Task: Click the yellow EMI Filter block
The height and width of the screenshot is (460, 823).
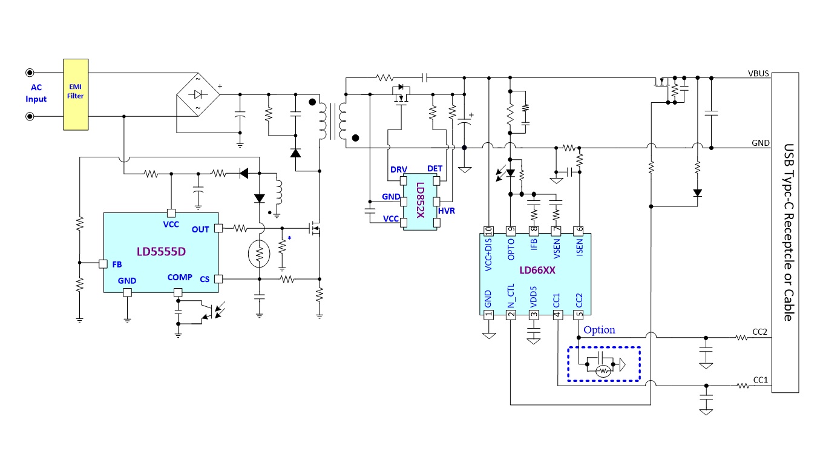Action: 76,94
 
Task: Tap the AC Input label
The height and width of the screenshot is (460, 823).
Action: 36,93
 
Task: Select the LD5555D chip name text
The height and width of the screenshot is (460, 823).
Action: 161,252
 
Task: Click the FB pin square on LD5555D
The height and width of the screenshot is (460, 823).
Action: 103,264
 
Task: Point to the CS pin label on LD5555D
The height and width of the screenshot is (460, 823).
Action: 205,279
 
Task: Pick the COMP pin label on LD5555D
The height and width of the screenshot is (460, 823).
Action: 180,277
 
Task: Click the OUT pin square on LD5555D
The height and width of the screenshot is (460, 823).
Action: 218,228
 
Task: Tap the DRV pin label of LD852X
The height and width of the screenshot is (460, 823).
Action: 399,169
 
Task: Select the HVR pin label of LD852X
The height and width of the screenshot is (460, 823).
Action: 447,211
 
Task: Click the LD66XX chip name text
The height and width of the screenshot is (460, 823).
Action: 537,271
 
